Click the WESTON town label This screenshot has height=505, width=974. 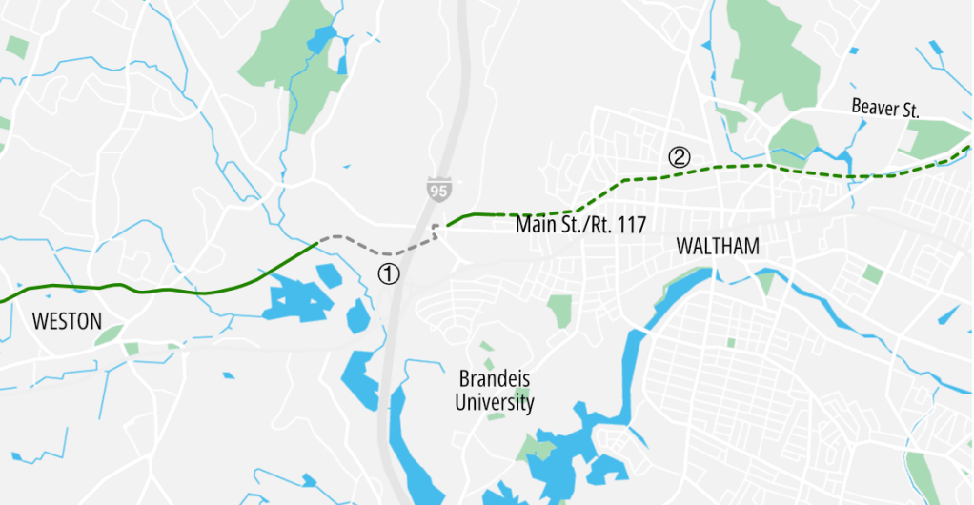(67, 321)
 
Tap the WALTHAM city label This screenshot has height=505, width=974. (718, 247)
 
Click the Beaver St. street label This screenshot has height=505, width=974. (885, 110)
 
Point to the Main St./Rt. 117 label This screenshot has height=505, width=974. (580, 226)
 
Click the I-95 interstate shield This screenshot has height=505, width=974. (437, 190)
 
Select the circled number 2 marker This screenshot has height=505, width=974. (679, 157)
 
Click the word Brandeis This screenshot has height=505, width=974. (494, 379)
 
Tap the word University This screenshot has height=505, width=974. (494, 403)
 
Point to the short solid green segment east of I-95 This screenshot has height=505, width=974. (472, 215)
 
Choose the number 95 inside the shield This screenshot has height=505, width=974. (437, 192)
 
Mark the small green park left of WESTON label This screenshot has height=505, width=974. (109, 334)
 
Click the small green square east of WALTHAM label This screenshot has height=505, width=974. (872, 274)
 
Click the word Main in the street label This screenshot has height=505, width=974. (534, 226)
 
